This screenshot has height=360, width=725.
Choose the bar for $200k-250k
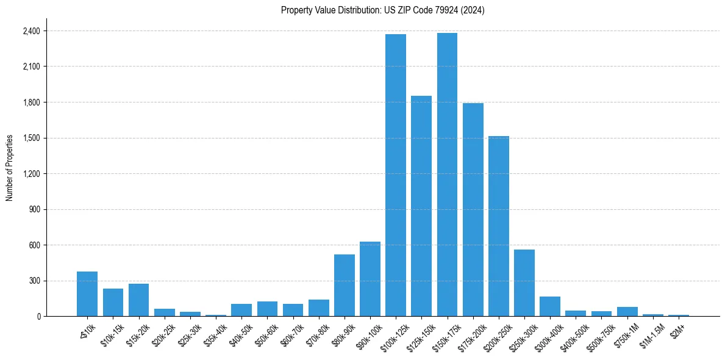498,226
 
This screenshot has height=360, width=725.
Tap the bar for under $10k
87,293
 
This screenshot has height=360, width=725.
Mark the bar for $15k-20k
138,300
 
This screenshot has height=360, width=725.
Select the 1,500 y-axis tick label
32,138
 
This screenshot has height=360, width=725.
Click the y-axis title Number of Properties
10,168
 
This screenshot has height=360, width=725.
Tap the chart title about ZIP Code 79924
383,10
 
